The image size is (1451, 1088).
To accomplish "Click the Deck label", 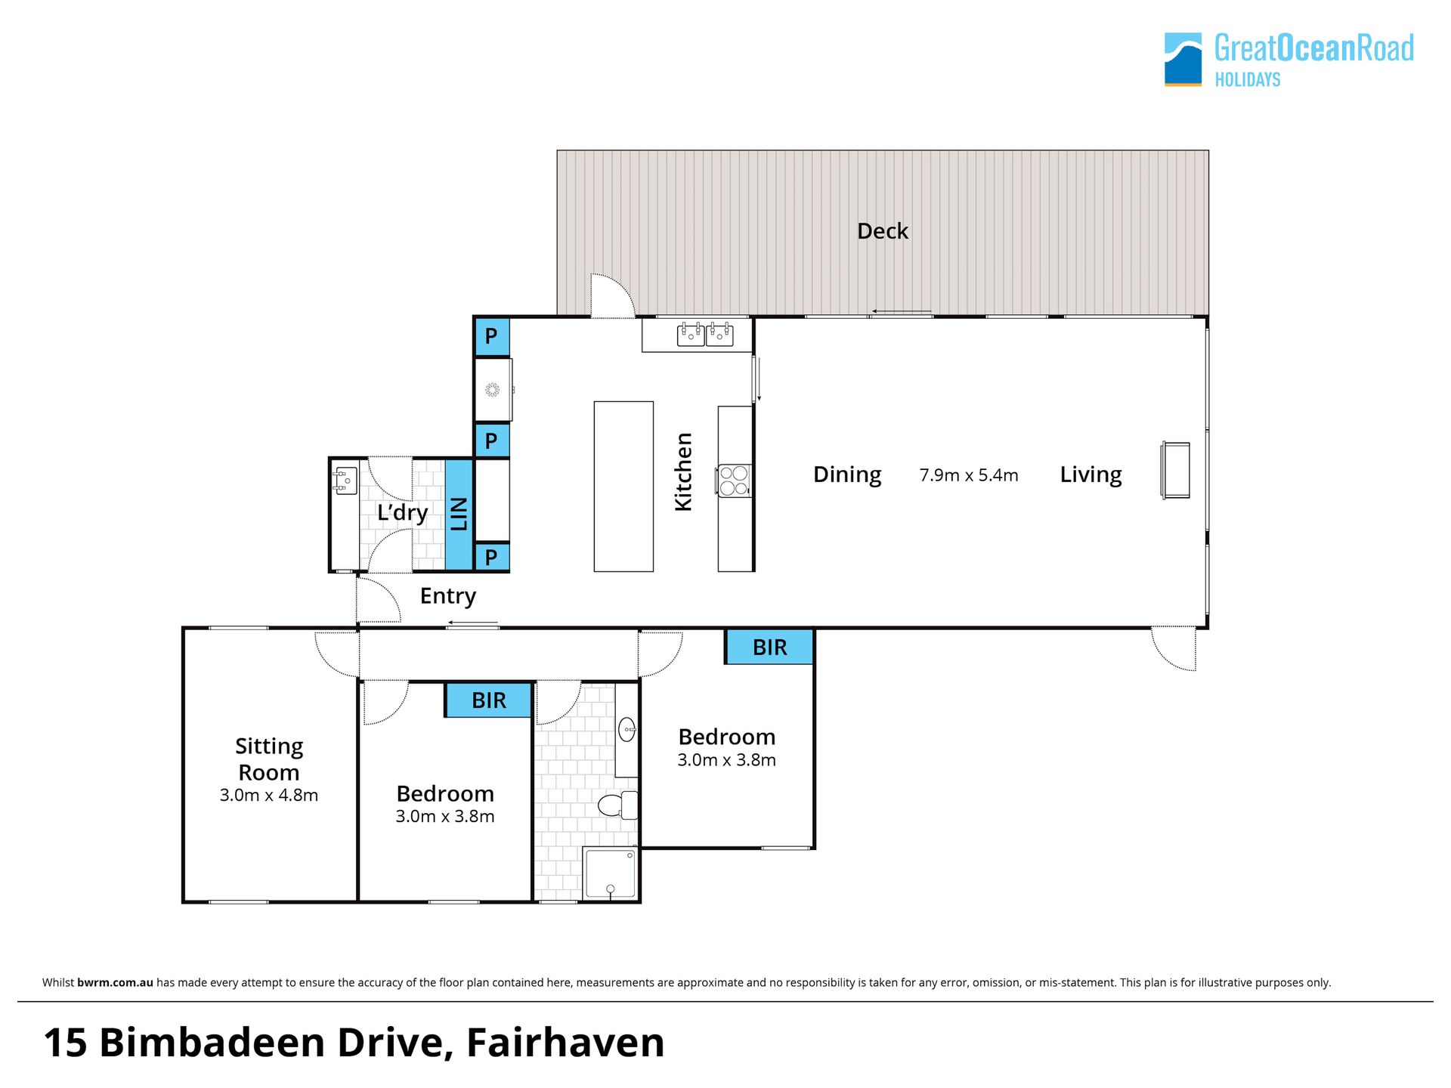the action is coord(882,231).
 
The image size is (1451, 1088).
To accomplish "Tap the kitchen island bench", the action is coord(623,487).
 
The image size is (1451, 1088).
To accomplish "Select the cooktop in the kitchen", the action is coord(733,481).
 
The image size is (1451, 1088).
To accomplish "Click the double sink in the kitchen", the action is coord(705,334).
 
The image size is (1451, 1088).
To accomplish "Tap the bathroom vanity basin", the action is coord(627,729).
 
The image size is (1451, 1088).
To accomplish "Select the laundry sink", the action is coord(345,481).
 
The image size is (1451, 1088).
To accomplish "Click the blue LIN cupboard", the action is coord(459,514).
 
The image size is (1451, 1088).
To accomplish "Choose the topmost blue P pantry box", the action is coord(491,337).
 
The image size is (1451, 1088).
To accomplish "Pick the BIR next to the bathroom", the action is coord(488,700).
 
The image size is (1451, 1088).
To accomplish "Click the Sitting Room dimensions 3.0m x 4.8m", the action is coord(269,795).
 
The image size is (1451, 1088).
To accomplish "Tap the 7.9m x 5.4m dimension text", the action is coord(969,475).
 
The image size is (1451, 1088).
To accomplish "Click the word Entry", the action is coord(448,596).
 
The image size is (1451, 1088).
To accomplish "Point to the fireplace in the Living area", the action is coord(1175,470).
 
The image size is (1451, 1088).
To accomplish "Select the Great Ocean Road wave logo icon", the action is coord(1183,59).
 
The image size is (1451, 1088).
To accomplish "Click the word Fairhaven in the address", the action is coord(565,1043).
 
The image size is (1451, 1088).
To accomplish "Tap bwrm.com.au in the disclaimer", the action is coord(115,982).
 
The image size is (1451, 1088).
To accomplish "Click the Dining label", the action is coord(847,474).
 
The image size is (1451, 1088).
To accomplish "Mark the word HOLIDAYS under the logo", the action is coord(1248,79).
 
